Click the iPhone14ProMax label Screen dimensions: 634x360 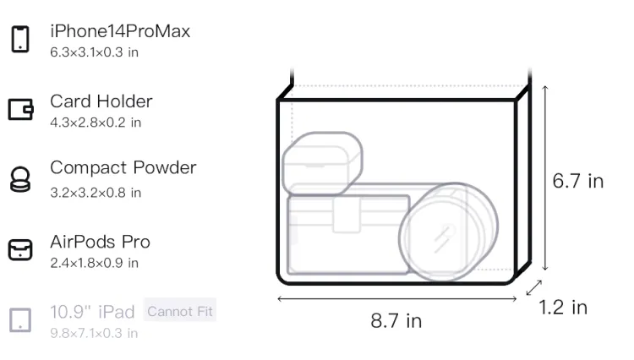pyautogui.click(x=120, y=31)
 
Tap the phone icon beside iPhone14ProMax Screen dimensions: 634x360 pyautogui.click(x=20, y=39)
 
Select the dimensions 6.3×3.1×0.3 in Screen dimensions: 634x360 pyautogui.click(x=94, y=52)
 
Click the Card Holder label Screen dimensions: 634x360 pyautogui.click(x=101, y=101)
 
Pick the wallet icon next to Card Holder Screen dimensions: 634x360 pyautogui.click(x=20, y=110)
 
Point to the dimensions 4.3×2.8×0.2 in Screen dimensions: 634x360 pyautogui.click(x=96, y=123)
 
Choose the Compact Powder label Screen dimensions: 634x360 pyautogui.click(x=123, y=167)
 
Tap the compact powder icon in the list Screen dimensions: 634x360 pyautogui.click(x=20, y=179)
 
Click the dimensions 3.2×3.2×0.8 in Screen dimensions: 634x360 pyautogui.click(x=96, y=193)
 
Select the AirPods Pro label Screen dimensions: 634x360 pyautogui.click(x=101, y=242)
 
